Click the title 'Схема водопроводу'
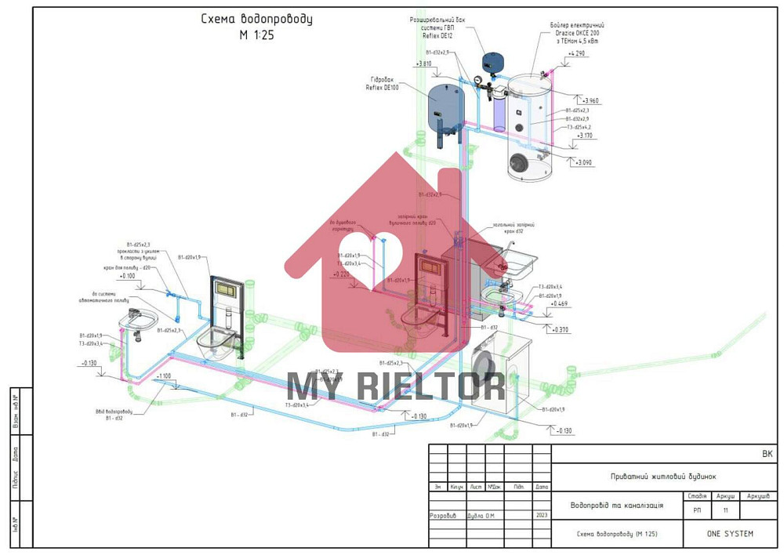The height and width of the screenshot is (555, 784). click(x=256, y=20)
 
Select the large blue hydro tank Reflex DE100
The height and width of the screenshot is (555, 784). click(x=443, y=104)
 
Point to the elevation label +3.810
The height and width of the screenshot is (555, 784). click(x=424, y=64)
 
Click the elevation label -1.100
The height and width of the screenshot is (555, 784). click(x=163, y=377)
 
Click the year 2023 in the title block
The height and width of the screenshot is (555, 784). click(x=541, y=515)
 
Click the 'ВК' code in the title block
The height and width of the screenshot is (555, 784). click(x=766, y=454)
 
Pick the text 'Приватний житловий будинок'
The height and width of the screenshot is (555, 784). click(x=663, y=477)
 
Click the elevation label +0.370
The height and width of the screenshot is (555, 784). click(x=560, y=329)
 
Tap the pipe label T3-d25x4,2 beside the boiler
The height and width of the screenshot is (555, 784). click(x=579, y=126)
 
